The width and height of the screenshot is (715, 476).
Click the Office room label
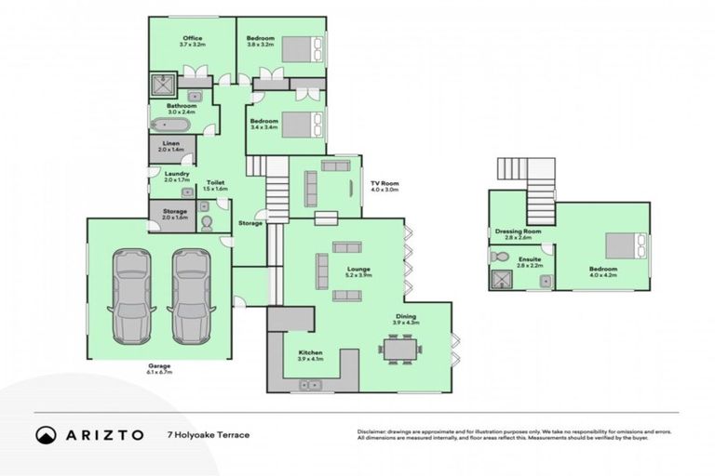[192, 38]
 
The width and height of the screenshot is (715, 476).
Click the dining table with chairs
[400, 350]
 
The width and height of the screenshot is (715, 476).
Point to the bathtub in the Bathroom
[173, 125]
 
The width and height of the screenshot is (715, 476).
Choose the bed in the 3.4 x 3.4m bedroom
[304, 123]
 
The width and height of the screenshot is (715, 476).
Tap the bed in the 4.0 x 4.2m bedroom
[623, 245]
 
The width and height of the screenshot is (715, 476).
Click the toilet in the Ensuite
[499, 257]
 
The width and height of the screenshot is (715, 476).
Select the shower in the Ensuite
[503, 280]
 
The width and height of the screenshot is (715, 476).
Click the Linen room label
[170, 143]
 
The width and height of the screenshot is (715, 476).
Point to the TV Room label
[384, 184]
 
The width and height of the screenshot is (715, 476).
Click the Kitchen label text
[310, 353]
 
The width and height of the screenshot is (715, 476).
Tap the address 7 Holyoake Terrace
[208, 434]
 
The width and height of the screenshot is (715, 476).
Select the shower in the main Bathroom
[164, 86]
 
